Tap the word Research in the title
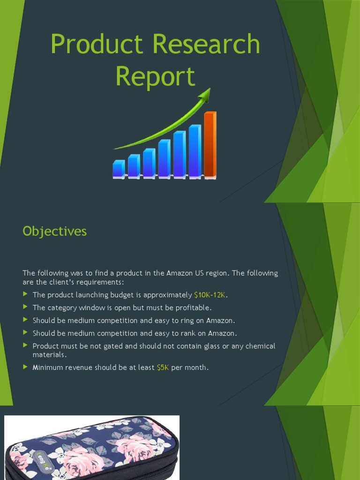pos(206,45)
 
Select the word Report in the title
pos(155,76)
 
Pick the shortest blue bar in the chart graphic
pos(119,169)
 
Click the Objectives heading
pos(54,231)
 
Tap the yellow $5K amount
pos(163,367)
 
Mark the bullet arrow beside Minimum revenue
pos(25,367)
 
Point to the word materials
pos(49,355)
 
